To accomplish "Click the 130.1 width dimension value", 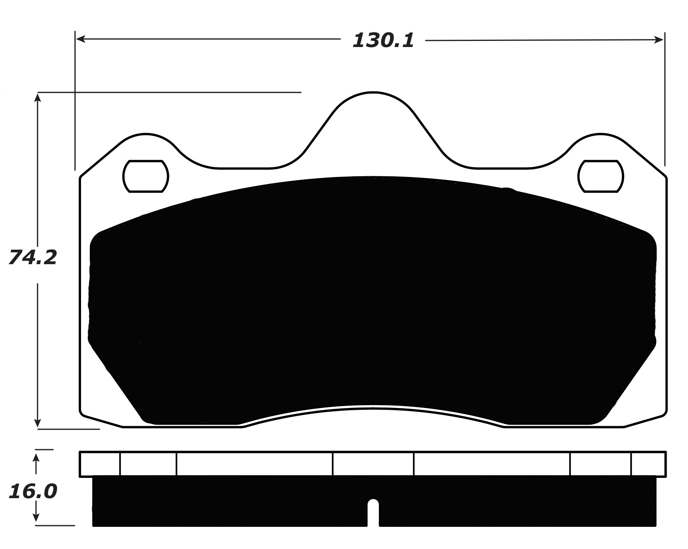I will (x=383, y=41).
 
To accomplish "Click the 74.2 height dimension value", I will (x=32, y=257).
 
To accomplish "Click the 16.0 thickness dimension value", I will (x=32, y=491).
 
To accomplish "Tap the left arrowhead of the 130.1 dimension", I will (x=80, y=39).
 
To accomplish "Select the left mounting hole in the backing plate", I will (x=146, y=176).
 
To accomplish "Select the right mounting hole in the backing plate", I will (x=600, y=176).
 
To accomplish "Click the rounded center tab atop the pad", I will (x=373, y=111).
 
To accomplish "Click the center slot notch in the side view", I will (x=373, y=512).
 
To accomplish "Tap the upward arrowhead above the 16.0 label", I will (x=36, y=458).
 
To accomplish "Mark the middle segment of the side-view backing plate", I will (x=373, y=464).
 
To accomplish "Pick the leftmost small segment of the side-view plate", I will (x=100, y=464).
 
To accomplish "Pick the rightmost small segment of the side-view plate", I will (x=648, y=464).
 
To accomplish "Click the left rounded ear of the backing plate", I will (x=146, y=147).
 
